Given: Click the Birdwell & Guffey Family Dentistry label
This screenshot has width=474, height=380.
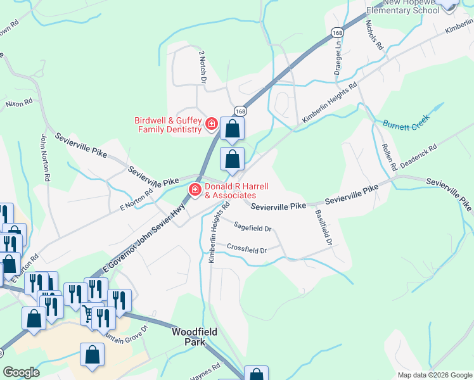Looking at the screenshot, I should (x=168, y=125).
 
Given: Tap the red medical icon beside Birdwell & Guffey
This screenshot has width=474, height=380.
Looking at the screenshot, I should (x=211, y=125).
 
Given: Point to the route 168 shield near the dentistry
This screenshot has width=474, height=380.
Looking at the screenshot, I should (x=240, y=111).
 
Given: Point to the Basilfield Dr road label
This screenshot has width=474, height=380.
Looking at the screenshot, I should (x=322, y=227).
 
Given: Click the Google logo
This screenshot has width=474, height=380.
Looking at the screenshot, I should (x=21, y=372).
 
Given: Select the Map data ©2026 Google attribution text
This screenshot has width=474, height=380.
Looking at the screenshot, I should (x=435, y=375).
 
